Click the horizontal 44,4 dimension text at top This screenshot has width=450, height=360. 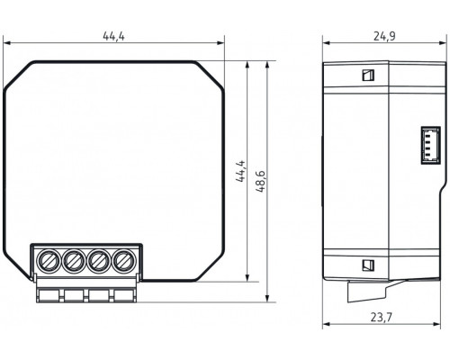click(x=112, y=36)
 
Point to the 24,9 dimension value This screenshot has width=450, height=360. click(x=384, y=36)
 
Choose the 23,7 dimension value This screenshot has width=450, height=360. click(x=380, y=315)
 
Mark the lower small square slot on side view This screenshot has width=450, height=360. click(x=367, y=265)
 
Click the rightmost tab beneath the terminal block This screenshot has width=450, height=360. click(x=122, y=293)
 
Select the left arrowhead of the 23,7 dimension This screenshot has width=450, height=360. click(x=326, y=323)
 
